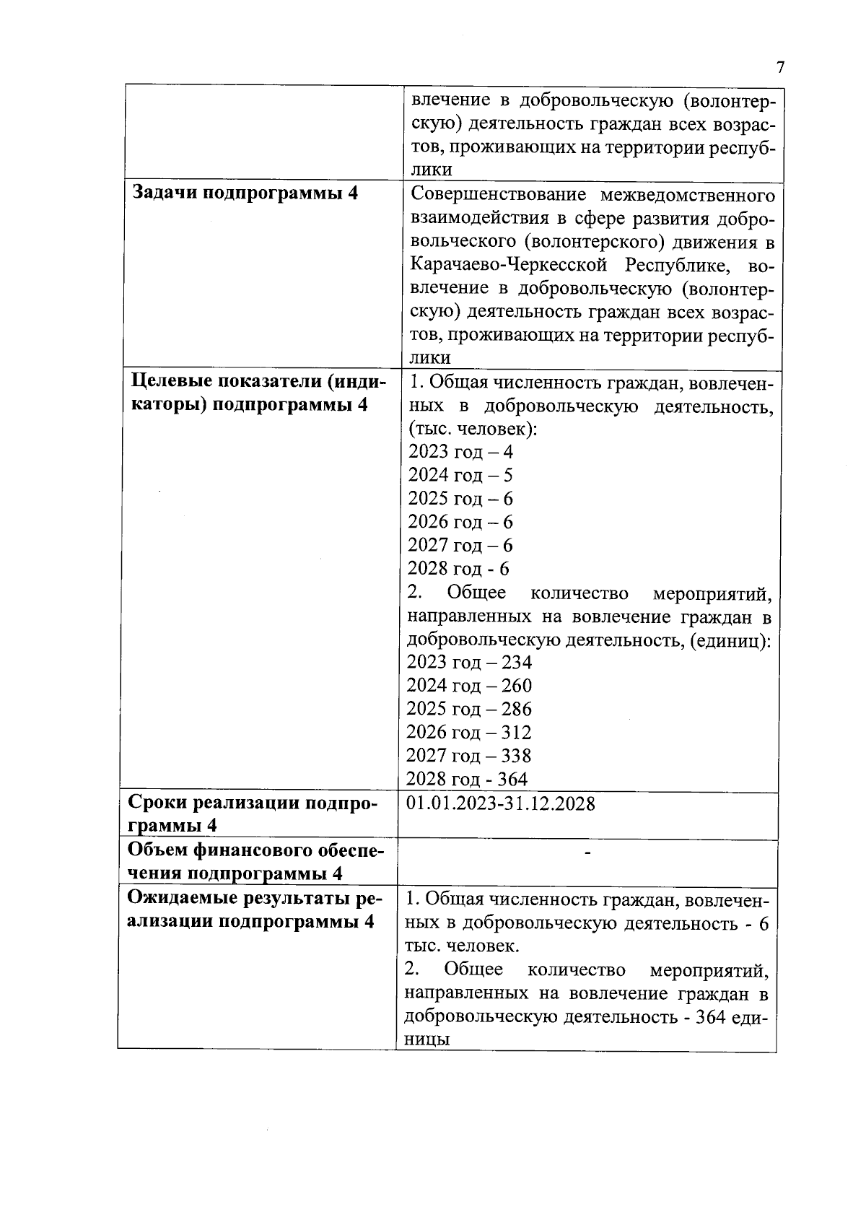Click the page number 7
[780, 68]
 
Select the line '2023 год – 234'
[469, 662]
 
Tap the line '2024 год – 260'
[469, 685]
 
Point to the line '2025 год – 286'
[469, 709]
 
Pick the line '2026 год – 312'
[469, 732]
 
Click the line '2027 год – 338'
[469, 756]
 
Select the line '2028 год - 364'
[467, 779]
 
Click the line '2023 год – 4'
[460, 452]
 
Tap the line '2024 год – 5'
[460, 475]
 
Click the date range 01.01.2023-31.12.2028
[501, 803]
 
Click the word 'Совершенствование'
[499, 196]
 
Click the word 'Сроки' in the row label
[158, 803]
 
